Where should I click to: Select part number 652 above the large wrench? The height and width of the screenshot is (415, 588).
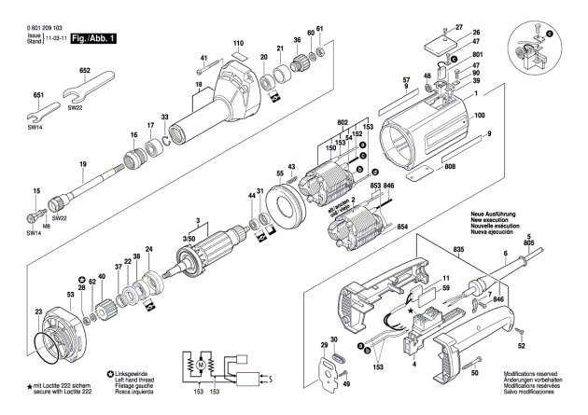coord(83,71)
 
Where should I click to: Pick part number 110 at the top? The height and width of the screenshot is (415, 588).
coord(238,43)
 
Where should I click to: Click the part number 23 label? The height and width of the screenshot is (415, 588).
coord(37,311)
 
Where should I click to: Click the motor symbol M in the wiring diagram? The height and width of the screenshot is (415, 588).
coord(200,361)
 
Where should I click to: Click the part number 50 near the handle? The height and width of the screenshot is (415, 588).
coord(473,373)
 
